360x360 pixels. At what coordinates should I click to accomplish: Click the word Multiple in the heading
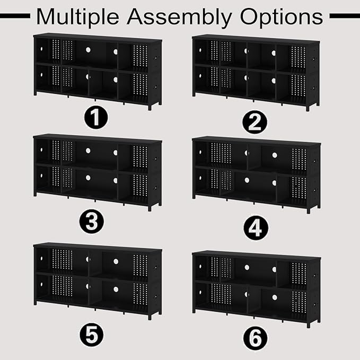77,17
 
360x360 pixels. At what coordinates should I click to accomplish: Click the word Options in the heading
282,17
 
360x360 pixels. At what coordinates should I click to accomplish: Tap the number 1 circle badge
96,118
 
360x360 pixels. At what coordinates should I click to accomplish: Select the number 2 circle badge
254,122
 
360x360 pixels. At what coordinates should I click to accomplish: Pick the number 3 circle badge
91,221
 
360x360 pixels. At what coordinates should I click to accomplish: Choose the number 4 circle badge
256,227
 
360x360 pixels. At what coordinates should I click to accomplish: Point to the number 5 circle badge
92,335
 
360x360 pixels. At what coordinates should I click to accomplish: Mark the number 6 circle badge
255,338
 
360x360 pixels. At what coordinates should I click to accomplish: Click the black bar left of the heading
15,16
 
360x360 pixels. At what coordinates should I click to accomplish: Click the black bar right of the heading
345,16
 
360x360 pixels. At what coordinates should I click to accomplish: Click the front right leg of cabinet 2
308,108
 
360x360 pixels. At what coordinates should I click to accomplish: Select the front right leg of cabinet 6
309,325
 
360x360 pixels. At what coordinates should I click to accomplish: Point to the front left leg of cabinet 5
35,302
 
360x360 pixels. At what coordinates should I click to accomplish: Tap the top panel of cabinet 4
257,141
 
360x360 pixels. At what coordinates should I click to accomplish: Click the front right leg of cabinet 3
150,208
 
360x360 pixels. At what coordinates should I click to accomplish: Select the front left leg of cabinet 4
194,197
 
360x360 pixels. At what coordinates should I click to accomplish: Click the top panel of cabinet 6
257,255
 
